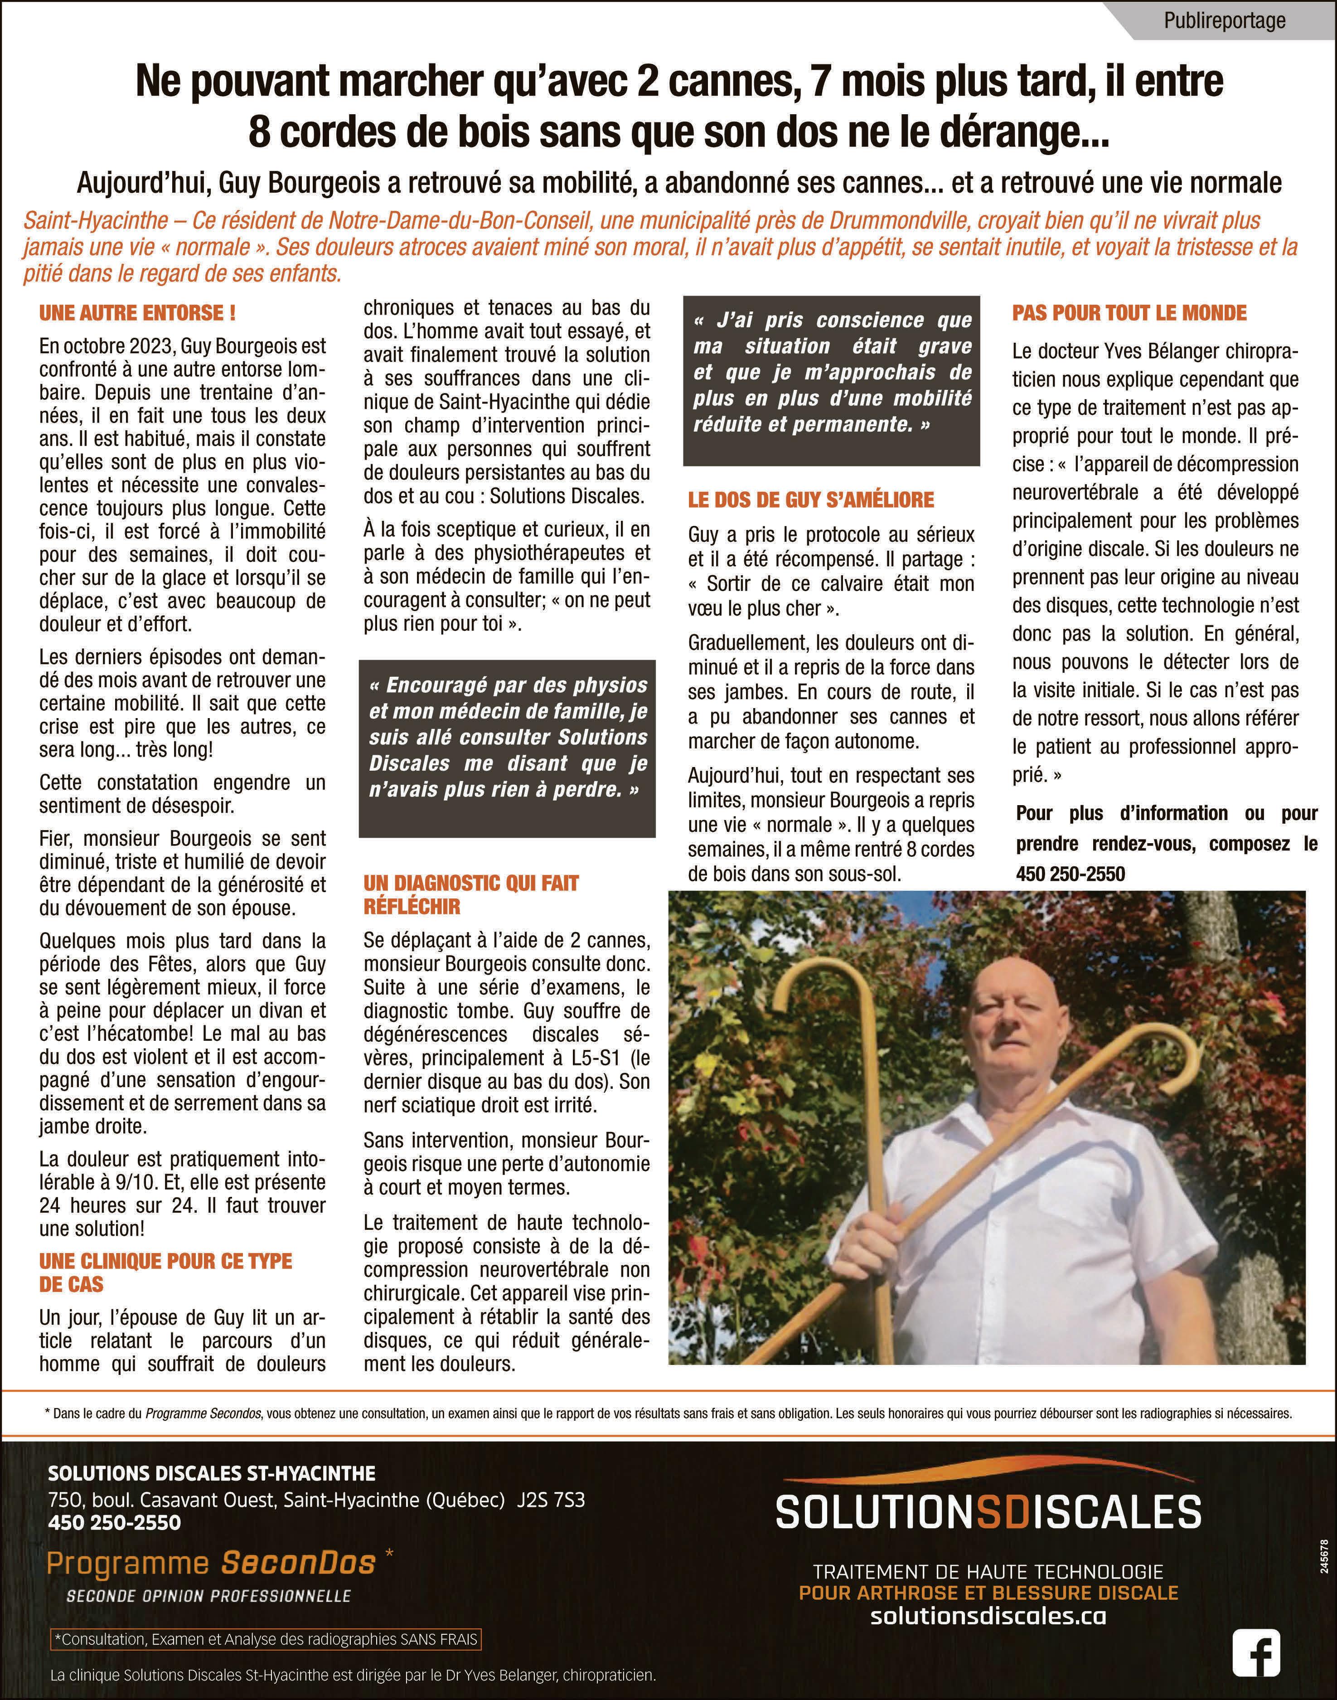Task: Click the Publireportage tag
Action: (x=1224, y=20)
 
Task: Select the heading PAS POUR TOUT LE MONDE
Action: (x=1129, y=313)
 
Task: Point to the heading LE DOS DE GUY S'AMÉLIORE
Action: (x=811, y=500)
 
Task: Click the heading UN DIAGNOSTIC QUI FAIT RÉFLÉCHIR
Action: (x=470, y=895)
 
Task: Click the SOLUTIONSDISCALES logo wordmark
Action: (x=988, y=1512)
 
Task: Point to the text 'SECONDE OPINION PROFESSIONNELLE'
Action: (x=208, y=1596)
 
